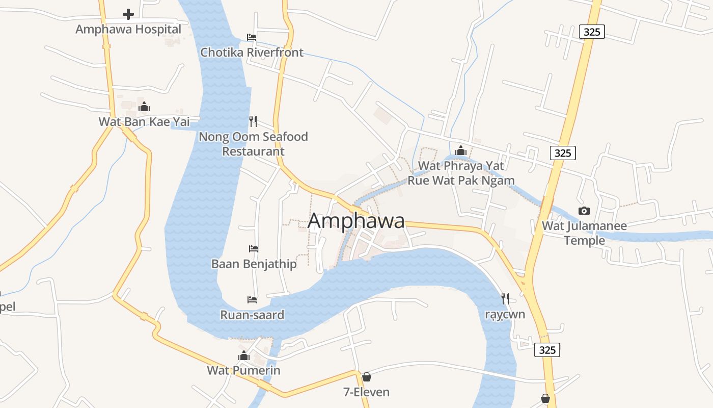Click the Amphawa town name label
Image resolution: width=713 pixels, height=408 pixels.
[x=356, y=221]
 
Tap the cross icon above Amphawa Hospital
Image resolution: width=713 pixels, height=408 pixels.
[x=128, y=14]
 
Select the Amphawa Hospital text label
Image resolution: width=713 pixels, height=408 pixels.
[x=128, y=29]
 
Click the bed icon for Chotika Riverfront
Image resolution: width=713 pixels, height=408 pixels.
[x=252, y=37]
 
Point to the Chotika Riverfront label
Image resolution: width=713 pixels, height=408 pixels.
[x=252, y=52]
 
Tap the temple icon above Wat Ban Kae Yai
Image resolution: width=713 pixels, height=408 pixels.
[x=144, y=107]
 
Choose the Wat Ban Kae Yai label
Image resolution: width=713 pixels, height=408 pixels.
[x=144, y=121]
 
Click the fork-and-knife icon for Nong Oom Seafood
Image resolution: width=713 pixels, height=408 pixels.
[x=253, y=121]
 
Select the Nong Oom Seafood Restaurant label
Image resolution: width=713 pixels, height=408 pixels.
[x=253, y=144]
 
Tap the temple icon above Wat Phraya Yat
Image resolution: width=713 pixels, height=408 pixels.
[x=461, y=150]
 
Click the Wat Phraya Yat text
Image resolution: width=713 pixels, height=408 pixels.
[x=461, y=166]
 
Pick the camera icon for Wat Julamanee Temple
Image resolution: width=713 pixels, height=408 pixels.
[x=584, y=211]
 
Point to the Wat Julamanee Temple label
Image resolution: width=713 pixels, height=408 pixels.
[x=584, y=233]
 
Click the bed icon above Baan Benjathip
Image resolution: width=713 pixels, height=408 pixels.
[x=254, y=249]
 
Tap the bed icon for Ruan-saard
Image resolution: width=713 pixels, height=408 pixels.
[x=252, y=299]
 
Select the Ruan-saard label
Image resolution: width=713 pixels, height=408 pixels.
[x=252, y=315]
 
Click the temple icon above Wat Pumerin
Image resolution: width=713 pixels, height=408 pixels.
[x=244, y=355]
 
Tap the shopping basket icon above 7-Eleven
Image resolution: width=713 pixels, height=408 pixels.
[x=366, y=377]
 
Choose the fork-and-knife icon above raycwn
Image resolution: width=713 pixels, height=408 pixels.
[x=505, y=298]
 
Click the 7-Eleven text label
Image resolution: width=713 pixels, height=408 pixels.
[x=366, y=392]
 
